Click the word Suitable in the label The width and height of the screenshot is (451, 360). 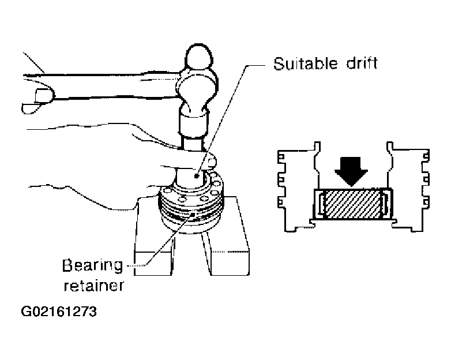tap(306, 63)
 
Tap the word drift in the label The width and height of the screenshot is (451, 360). tap(362, 63)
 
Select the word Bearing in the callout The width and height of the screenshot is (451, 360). tap(92, 266)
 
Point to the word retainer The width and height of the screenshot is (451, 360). tap(94, 286)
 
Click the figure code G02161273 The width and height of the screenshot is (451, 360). tap(59, 312)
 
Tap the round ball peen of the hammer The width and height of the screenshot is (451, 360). tap(200, 57)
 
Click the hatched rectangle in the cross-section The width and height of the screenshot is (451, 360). tap(352, 204)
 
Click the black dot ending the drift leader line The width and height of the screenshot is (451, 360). tap(197, 176)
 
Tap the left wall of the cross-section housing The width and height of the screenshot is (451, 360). tap(299, 187)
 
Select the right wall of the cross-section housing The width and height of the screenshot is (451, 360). tap(408, 187)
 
